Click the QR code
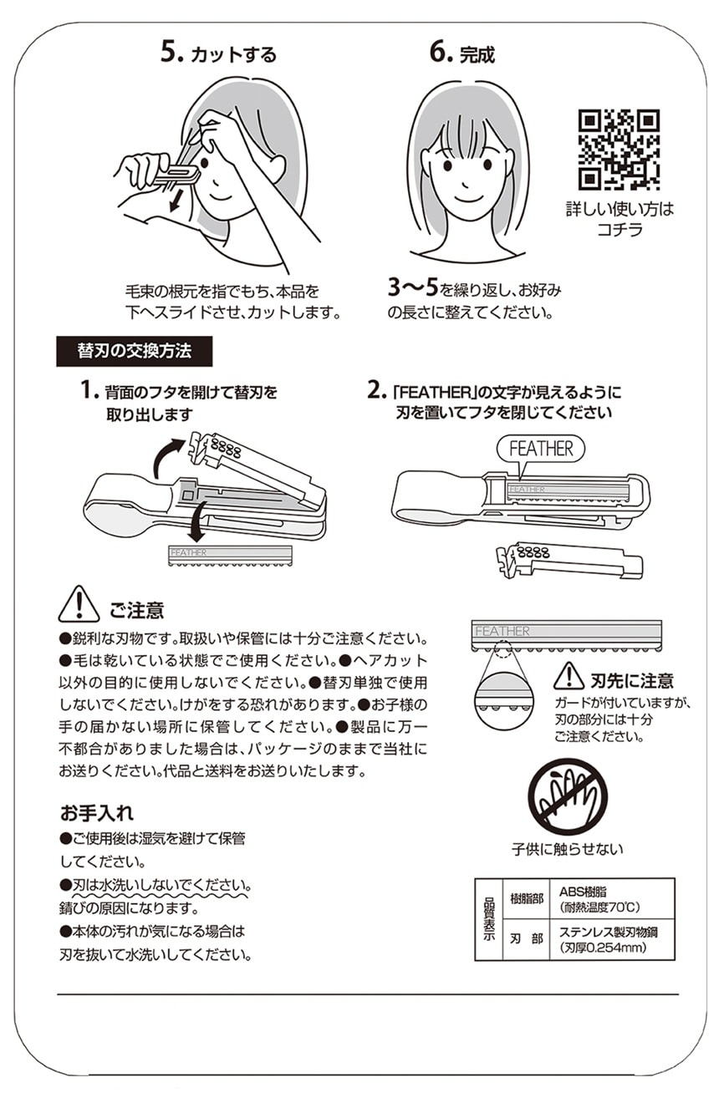point(618,149)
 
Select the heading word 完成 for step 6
point(477,54)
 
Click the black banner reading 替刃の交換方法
point(134,351)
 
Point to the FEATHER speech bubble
point(540,449)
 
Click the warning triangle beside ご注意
point(79,604)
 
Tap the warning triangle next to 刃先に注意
point(569,676)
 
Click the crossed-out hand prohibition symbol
point(567,796)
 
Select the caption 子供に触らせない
point(567,849)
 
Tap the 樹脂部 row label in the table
point(526,898)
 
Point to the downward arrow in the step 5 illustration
point(175,201)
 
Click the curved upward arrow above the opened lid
point(169,456)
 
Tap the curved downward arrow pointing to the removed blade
point(197,523)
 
